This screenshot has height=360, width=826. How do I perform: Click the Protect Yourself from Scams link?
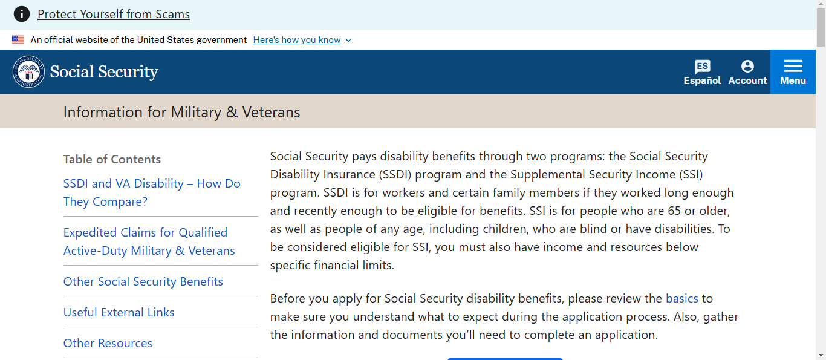point(114,14)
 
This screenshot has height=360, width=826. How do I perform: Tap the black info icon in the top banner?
point(22,14)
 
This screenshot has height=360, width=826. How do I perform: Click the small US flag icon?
point(18,39)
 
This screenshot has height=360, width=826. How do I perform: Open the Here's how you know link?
point(297,40)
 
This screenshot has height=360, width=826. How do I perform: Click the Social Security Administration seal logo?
point(28,71)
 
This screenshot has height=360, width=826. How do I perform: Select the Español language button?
point(702,72)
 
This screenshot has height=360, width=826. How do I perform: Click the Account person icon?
point(747,67)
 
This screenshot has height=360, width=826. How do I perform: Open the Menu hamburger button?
point(793,72)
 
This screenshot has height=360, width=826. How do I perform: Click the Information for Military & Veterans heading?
point(181,112)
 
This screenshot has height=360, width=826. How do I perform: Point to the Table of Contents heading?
point(112,159)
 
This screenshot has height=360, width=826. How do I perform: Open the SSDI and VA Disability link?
point(152,192)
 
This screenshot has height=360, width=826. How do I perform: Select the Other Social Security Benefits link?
point(143,281)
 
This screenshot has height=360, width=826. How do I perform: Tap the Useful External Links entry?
point(119,312)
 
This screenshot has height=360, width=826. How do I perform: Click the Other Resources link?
point(108,343)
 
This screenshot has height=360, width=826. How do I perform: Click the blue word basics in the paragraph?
point(682,298)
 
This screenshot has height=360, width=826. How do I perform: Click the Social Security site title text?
point(104,71)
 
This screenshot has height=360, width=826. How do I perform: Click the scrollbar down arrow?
point(821,355)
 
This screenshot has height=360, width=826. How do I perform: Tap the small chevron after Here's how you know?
point(348,40)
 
